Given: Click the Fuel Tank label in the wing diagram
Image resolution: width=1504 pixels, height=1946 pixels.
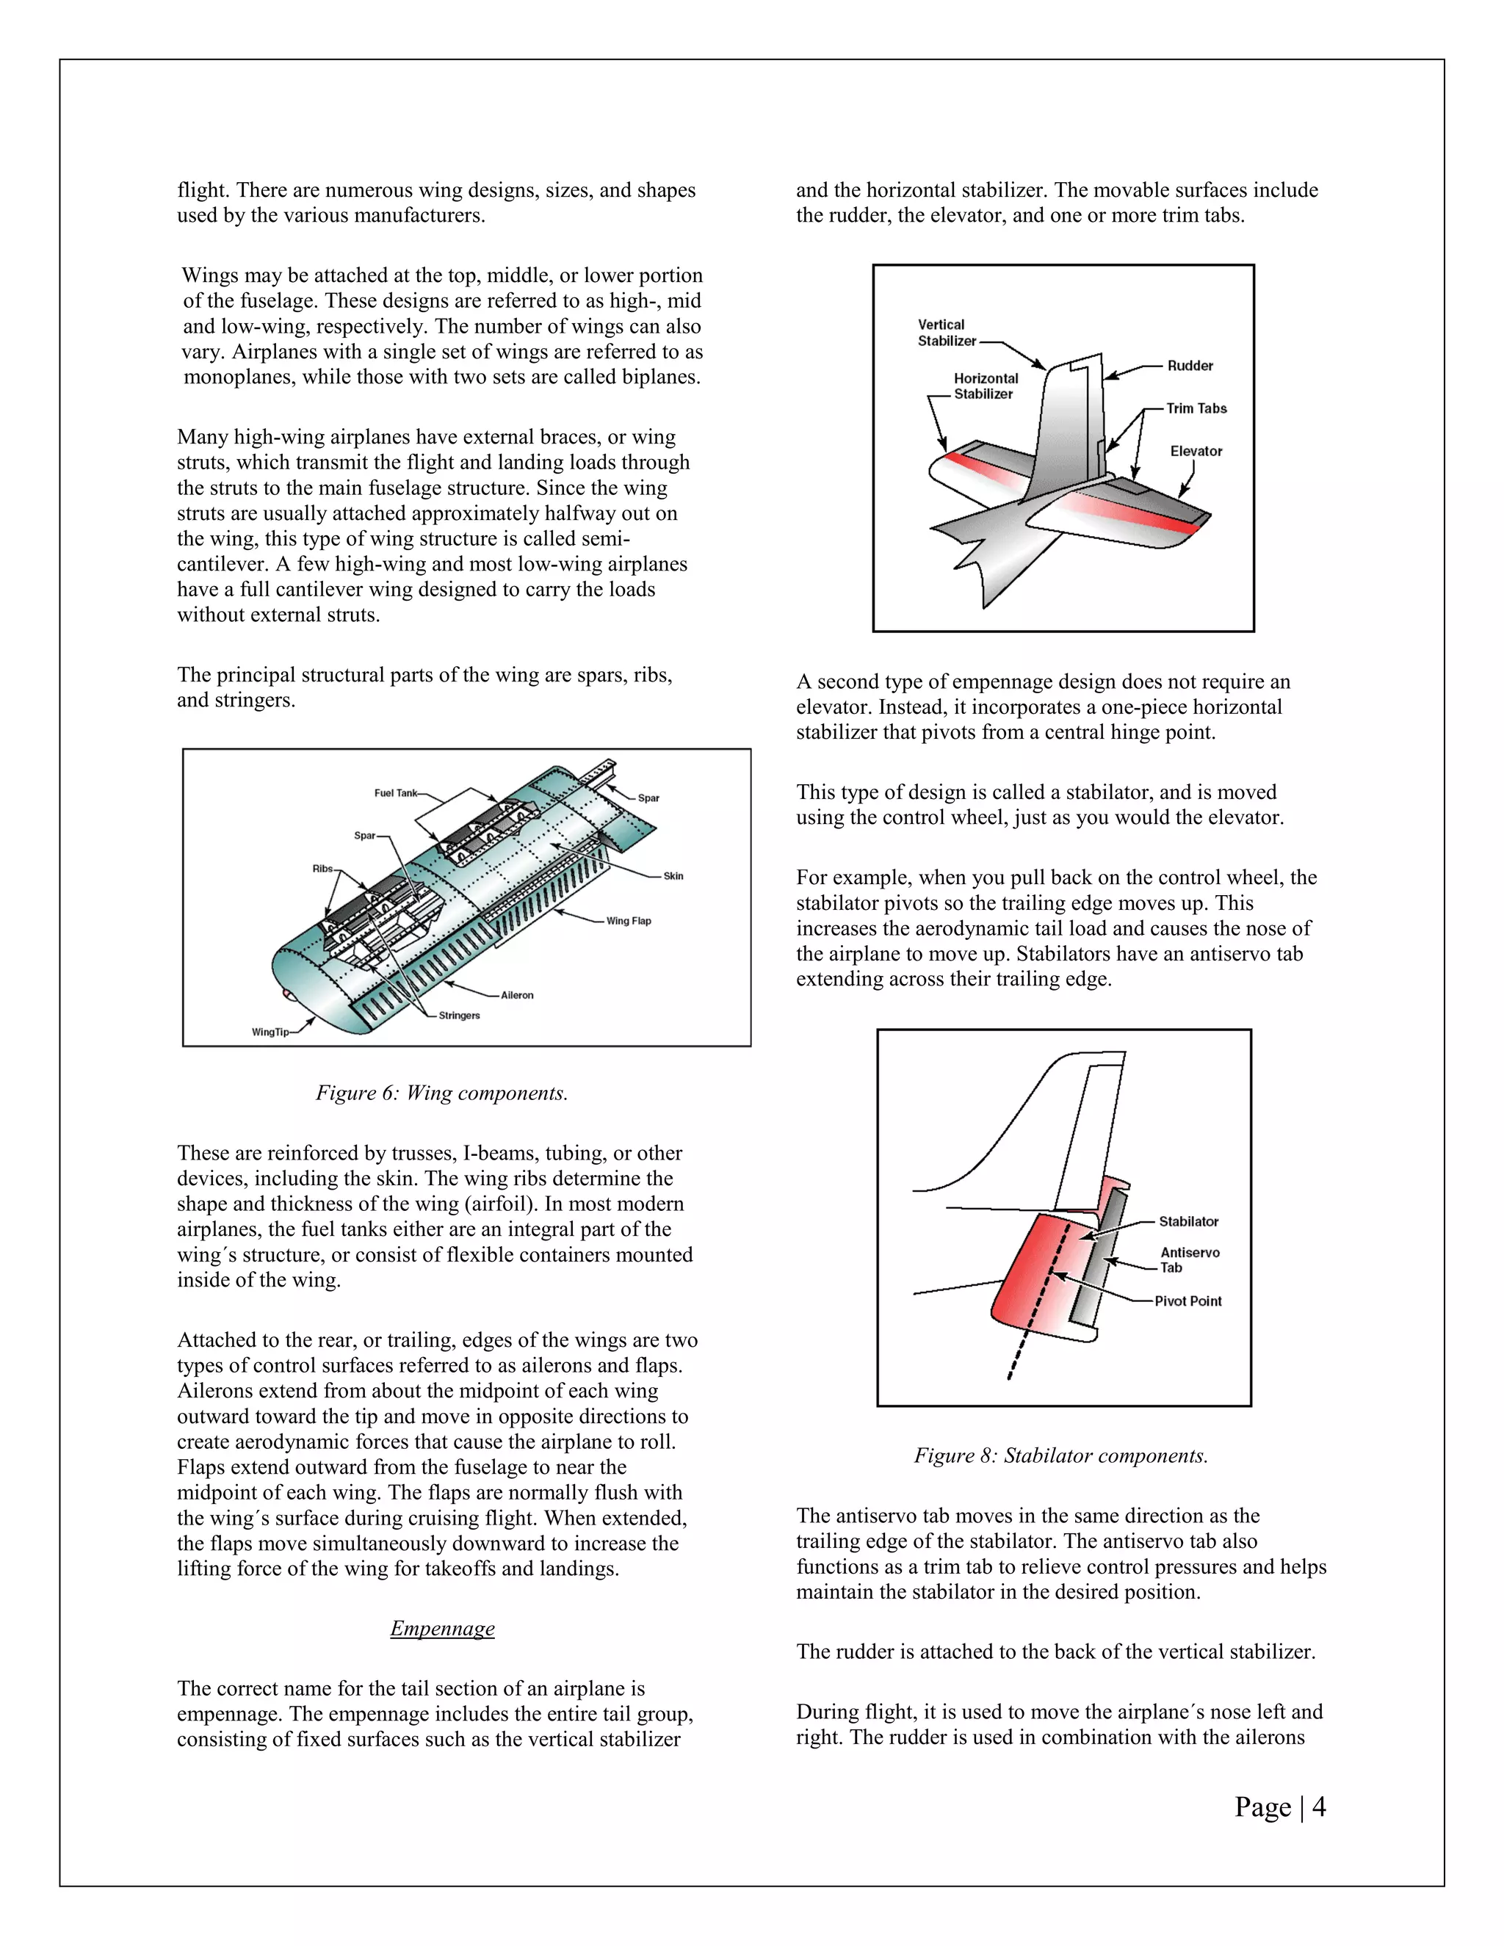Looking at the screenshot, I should (x=394, y=793).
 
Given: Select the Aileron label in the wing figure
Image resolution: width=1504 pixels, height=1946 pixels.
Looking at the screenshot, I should (x=517, y=995).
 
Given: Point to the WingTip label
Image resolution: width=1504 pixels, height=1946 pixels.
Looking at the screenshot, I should (x=270, y=1032).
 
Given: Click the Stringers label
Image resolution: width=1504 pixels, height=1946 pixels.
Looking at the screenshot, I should (x=459, y=1016).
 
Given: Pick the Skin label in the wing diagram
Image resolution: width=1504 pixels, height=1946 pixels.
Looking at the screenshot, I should (x=673, y=876).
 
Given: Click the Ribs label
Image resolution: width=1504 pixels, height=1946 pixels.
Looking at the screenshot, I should (x=322, y=869).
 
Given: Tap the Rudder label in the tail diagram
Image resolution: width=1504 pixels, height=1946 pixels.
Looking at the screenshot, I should (x=1190, y=365).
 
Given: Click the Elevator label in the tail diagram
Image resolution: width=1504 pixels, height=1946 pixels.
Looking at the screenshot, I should (x=1196, y=451).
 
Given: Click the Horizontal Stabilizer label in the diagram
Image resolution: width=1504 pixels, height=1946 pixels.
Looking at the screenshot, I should (x=985, y=386).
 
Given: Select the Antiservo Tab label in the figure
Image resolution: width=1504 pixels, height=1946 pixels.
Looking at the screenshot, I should (x=1189, y=1260).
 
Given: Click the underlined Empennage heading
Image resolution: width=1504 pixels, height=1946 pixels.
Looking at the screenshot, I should (x=442, y=1628).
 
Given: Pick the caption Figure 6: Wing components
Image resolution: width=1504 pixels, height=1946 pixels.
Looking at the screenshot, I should (x=442, y=1093).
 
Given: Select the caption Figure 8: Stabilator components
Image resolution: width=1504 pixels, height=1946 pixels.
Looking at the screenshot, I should (x=1060, y=1455).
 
